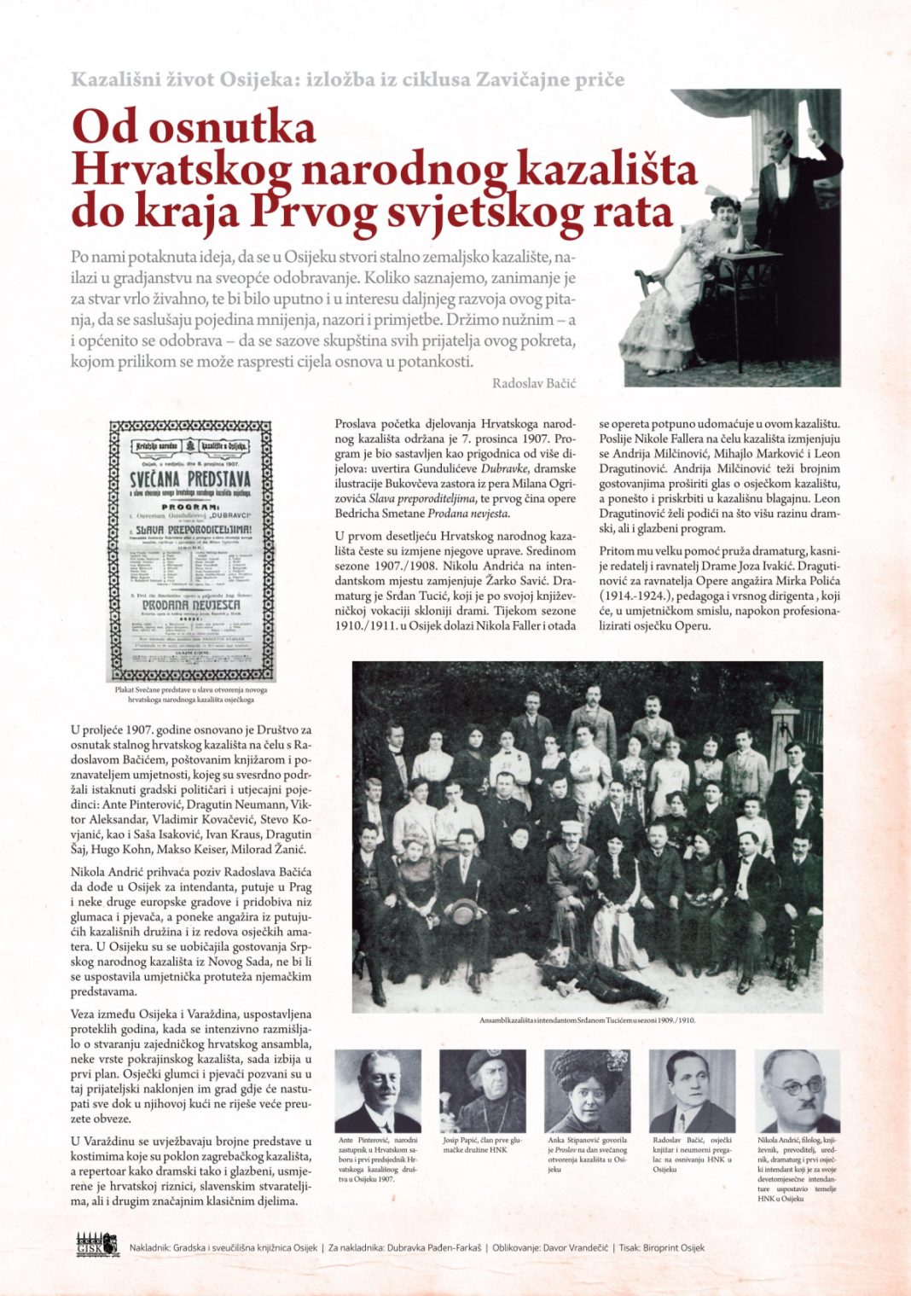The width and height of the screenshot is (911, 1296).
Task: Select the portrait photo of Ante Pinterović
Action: (378, 1090)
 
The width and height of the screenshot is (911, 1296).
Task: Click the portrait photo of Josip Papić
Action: (483, 1090)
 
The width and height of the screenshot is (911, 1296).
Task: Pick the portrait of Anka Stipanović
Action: (588, 1090)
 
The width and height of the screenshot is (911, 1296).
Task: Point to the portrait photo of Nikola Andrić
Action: (798, 1090)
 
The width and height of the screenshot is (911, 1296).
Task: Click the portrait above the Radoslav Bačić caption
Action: (692, 1090)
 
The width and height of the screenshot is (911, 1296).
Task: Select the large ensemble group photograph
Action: (588, 836)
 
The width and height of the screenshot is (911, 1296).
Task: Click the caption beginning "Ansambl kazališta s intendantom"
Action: (587, 1020)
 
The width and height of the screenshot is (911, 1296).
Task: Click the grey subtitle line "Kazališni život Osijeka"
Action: (348, 80)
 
